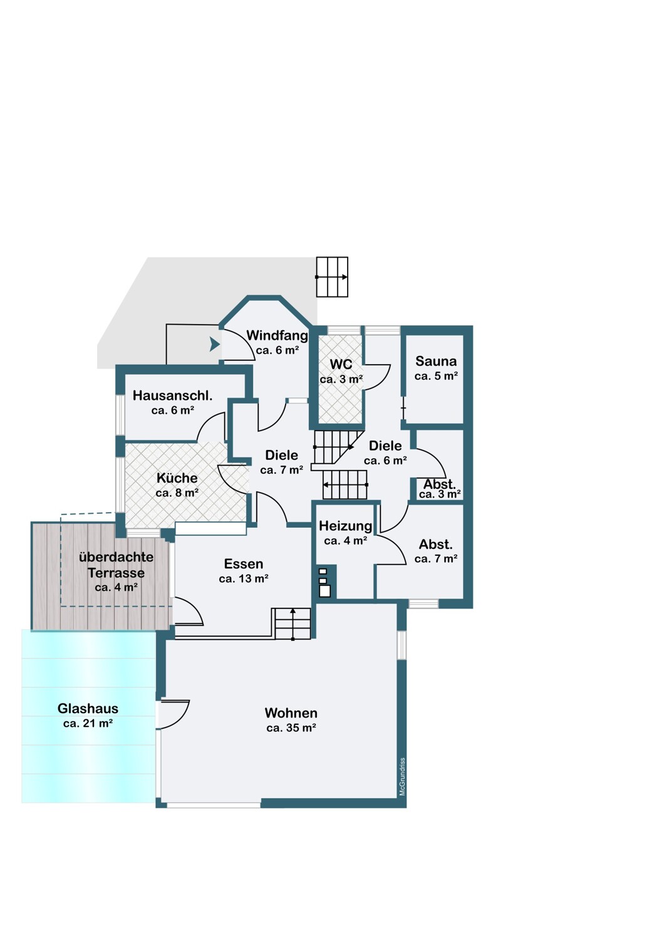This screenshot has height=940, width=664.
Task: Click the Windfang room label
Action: click(x=277, y=335)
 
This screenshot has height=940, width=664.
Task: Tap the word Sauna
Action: click(x=436, y=362)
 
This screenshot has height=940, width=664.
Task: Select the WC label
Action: click(x=341, y=364)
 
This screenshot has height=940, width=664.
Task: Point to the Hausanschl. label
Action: click(x=172, y=395)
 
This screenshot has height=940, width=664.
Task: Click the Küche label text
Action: click(x=177, y=478)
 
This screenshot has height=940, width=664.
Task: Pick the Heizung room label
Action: click(x=345, y=526)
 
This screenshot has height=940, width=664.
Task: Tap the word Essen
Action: click(x=243, y=563)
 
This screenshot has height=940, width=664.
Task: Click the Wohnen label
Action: click(x=291, y=713)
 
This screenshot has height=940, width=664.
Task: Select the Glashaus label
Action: click(x=88, y=709)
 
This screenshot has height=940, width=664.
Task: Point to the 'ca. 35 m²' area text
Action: click(x=291, y=728)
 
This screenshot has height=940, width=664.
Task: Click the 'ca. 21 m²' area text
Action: click(x=88, y=723)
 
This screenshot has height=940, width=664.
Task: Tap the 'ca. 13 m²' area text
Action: click(x=243, y=578)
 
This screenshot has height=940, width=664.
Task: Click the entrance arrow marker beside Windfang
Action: click(x=214, y=345)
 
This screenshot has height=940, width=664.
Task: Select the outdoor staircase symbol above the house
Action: click(x=332, y=277)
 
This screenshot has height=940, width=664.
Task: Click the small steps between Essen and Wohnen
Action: click(x=293, y=624)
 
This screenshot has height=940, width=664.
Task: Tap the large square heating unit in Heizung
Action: click(x=324, y=592)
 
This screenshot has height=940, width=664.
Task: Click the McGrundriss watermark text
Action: click(x=402, y=776)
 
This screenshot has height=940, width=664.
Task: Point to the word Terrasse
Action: click(x=116, y=573)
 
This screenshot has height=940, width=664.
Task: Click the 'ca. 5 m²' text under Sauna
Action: click(x=436, y=376)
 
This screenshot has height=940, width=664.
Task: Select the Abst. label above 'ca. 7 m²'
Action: click(x=436, y=545)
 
